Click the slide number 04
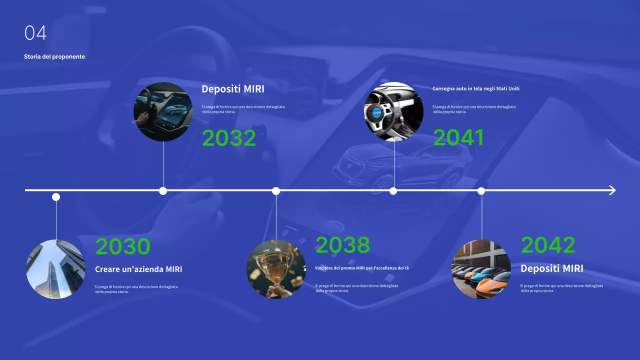click(x=35, y=33)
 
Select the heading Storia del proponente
click(x=54, y=56)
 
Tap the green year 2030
click(x=122, y=246)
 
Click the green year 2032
click(x=228, y=138)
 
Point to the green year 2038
click(x=342, y=245)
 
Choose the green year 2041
click(x=458, y=138)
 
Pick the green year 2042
click(x=548, y=245)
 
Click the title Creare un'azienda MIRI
click(x=138, y=269)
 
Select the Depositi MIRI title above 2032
click(x=233, y=89)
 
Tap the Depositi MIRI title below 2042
click(x=551, y=268)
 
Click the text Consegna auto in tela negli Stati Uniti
click(x=476, y=88)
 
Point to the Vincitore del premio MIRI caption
click(x=362, y=268)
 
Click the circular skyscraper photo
click(x=56, y=269)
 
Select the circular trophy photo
click(x=276, y=269)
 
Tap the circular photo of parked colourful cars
click(x=481, y=269)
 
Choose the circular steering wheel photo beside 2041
click(x=393, y=111)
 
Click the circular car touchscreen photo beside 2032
click(x=163, y=111)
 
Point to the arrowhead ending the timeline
click(x=612, y=190)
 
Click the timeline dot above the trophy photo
click(x=276, y=190)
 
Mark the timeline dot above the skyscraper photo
click(x=56, y=197)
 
